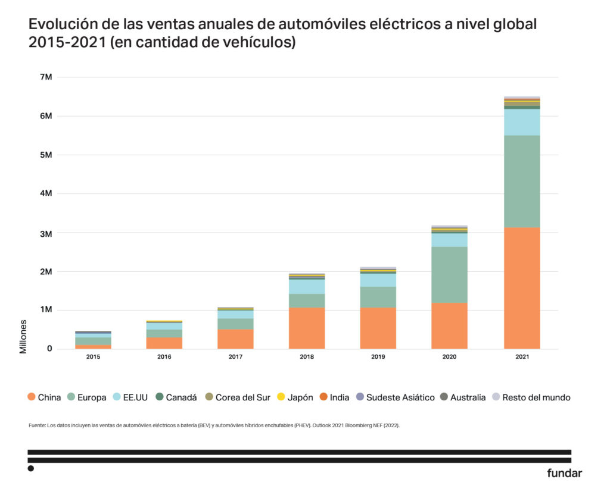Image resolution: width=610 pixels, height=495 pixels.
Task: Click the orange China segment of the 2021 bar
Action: click(x=522, y=288)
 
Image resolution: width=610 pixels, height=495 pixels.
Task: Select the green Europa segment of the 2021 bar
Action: click(x=522, y=181)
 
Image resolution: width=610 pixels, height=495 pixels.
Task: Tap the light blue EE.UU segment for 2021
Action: click(x=522, y=122)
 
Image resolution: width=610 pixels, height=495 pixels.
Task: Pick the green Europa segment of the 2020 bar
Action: click(x=449, y=275)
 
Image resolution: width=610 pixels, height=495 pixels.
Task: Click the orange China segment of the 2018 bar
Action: click(x=307, y=328)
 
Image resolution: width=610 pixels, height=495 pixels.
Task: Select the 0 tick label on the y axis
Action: click(x=50, y=349)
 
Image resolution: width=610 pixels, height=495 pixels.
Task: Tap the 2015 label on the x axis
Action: click(x=93, y=358)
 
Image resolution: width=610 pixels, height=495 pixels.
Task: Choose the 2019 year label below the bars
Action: click(x=378, y=358)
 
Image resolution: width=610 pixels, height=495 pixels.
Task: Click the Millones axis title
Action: click(x=23, y=336)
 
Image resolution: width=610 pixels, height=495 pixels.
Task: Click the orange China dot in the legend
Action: click(x=31, y=397)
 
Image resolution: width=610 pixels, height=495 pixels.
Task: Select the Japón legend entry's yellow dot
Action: click(x=282, y=397)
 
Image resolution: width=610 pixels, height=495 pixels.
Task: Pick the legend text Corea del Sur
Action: click(x=242, y=397)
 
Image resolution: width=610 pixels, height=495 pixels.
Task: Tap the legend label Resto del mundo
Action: click(x=536, y=397)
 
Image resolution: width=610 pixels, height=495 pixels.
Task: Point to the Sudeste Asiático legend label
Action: click(x=400, y=397)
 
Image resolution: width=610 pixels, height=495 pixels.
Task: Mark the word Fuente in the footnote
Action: click(x=36, y=425)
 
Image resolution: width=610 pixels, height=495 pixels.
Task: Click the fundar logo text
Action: click(x=564, y=474)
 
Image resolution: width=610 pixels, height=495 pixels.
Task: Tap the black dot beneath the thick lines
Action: click(x=31, y=469)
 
